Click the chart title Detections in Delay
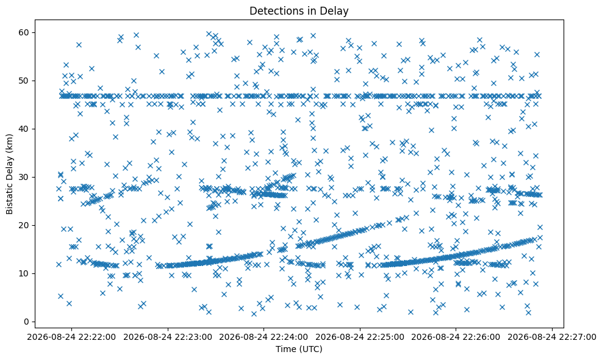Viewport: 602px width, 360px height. click(299, 11)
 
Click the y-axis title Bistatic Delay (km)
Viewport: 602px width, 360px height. click(9, 174)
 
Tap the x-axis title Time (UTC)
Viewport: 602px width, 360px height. click(299, 349)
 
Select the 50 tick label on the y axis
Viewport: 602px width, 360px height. click(24, 81)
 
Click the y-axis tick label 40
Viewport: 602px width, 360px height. click(24, 129)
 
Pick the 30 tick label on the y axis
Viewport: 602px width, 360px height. click(24, 177)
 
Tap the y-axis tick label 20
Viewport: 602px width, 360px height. click(24, 225)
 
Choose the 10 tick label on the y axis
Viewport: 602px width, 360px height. click(24, 273)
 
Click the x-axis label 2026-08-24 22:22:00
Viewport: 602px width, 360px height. click(71, 337)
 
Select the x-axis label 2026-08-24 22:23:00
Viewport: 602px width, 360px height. click(168, 337)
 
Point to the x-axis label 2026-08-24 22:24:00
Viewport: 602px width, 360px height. click(263, 337)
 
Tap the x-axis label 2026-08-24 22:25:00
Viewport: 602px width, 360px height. click(360, 337)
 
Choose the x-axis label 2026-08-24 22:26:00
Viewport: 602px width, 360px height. click(456, 337)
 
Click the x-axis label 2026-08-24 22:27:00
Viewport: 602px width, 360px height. click(552, 337)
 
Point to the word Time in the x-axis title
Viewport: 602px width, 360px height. click(285, 349)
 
